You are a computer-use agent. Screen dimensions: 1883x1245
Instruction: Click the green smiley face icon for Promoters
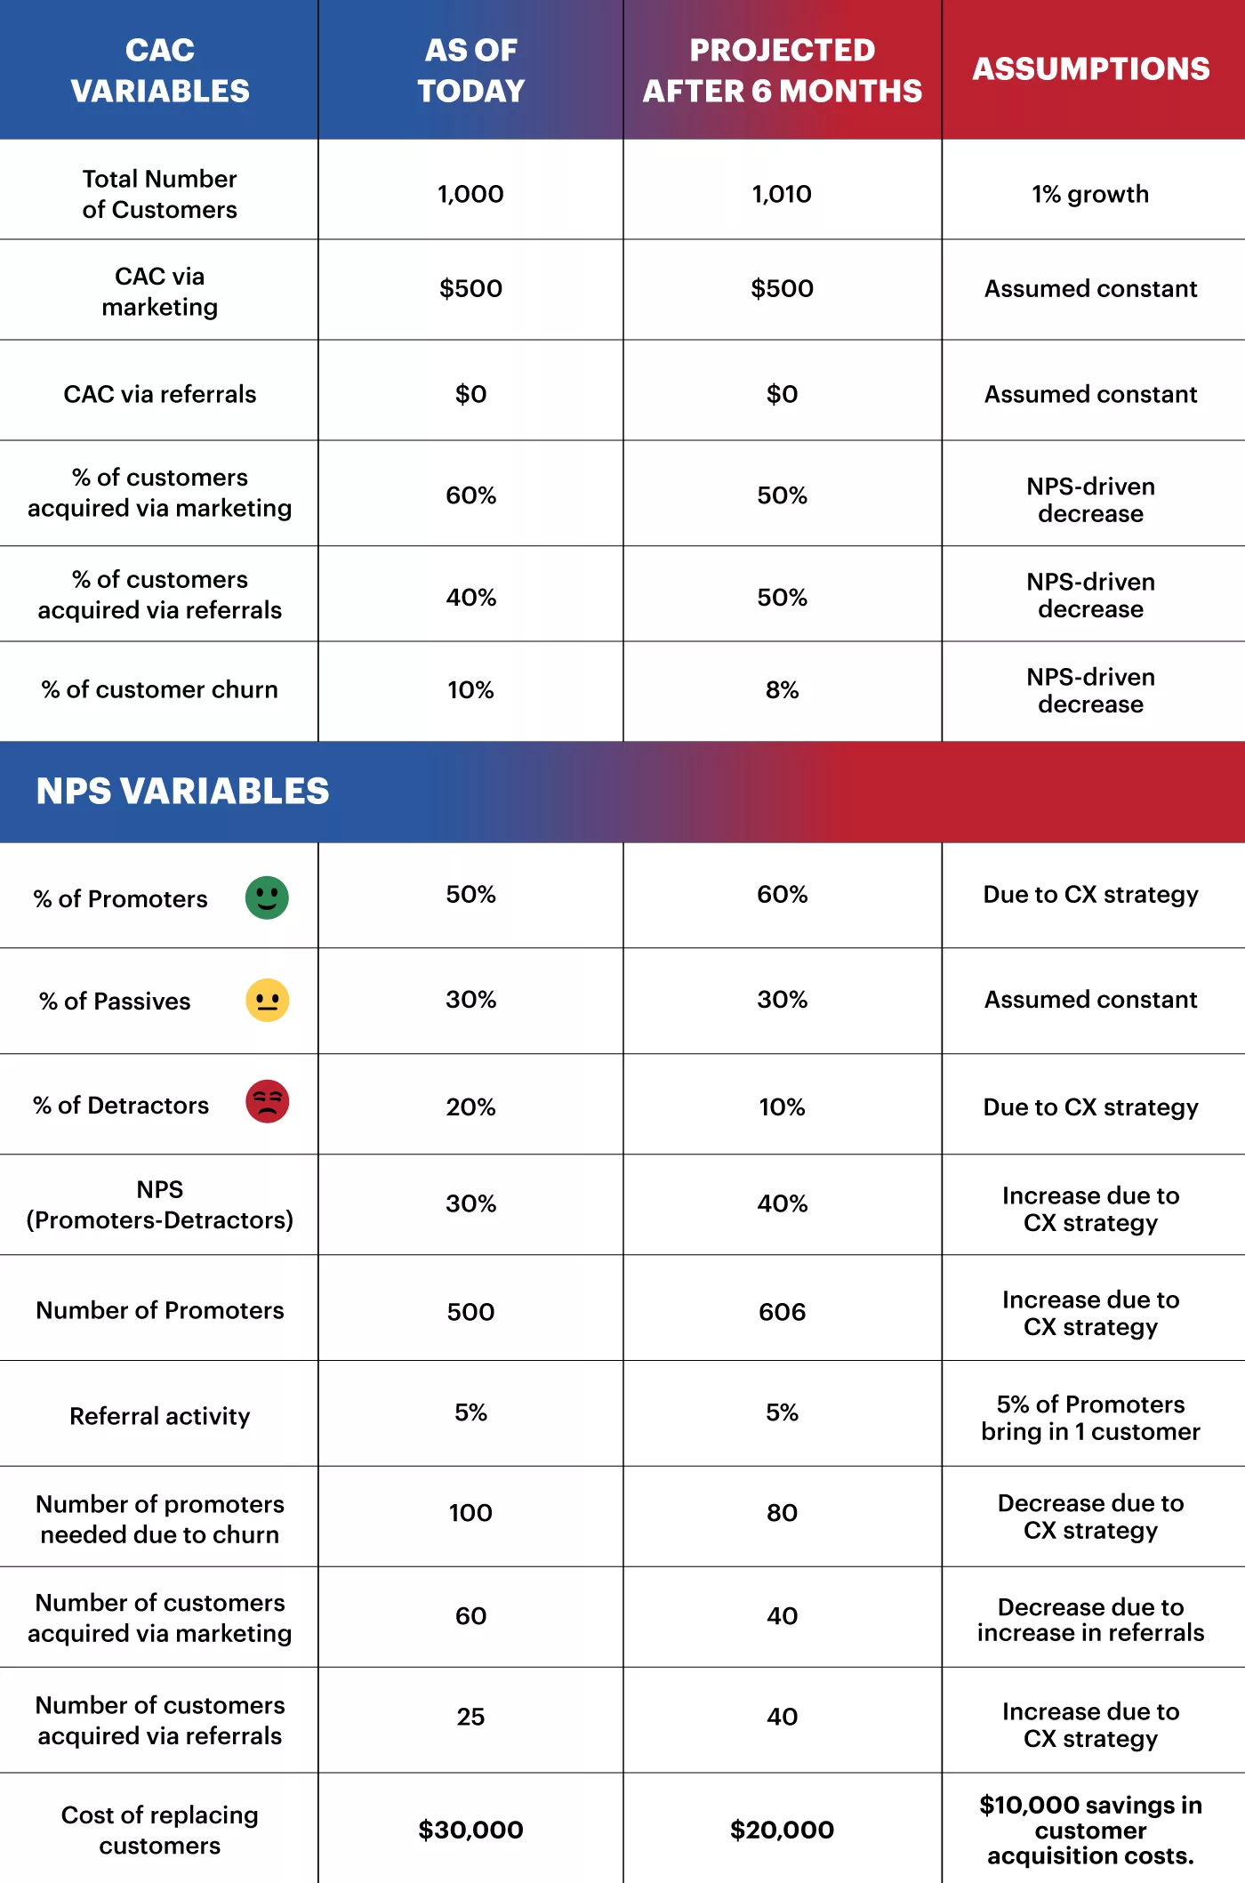pyautogui.click(x=267, y=897)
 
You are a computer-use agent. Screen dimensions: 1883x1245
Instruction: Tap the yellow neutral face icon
pyautogui.click(x=267, y=1001)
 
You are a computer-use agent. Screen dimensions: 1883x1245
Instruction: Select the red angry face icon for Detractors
pyautogui.click(x=267, y=1102)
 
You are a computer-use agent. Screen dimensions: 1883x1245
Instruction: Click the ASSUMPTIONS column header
pyautogui.click(x=1090, y=69)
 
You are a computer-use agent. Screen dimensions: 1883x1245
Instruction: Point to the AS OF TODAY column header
pyautogui.click(x=470, y=70)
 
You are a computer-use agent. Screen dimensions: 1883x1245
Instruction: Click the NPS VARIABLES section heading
pyautogui.click(x=182, y=791)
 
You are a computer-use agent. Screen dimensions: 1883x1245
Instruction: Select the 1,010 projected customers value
pyautogui.click(x=781, y=194)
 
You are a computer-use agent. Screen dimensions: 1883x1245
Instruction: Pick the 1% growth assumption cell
pyautogui.click(x=1090, y=194)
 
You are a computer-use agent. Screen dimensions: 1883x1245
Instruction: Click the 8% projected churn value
pyautogui.click(x=782, y=690)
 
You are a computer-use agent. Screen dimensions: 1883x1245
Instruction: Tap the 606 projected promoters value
pyautogui.click(x=782, y=1312)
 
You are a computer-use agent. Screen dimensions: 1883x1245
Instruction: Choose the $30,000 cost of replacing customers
pyautogui.click(x=470, y=1830)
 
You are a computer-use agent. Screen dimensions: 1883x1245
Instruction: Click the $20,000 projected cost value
pyautogui.click(x=782, y=1830)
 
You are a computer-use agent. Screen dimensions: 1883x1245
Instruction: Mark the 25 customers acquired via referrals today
pyautogui.click(x=470, y=1717)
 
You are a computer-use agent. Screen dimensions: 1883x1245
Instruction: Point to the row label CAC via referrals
pyautogui.click(x=160, y=394)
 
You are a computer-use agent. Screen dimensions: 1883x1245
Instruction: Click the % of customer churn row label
pyautogui.click(x=160, y=690)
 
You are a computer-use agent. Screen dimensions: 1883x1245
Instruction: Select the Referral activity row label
pyautogui.click(x=160, y=1416)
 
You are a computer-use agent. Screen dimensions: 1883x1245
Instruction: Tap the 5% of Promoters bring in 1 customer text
pyautogui.click(x=1090, y=1418)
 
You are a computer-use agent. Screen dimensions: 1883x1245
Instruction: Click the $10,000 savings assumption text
pyautogui.click(x=1090, y=1830)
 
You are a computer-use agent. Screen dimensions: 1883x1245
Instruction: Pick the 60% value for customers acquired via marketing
pyautogui.click(x=470, y=495)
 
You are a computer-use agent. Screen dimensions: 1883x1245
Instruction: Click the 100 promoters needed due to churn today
pyautogui.click(x=470, y=1513)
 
